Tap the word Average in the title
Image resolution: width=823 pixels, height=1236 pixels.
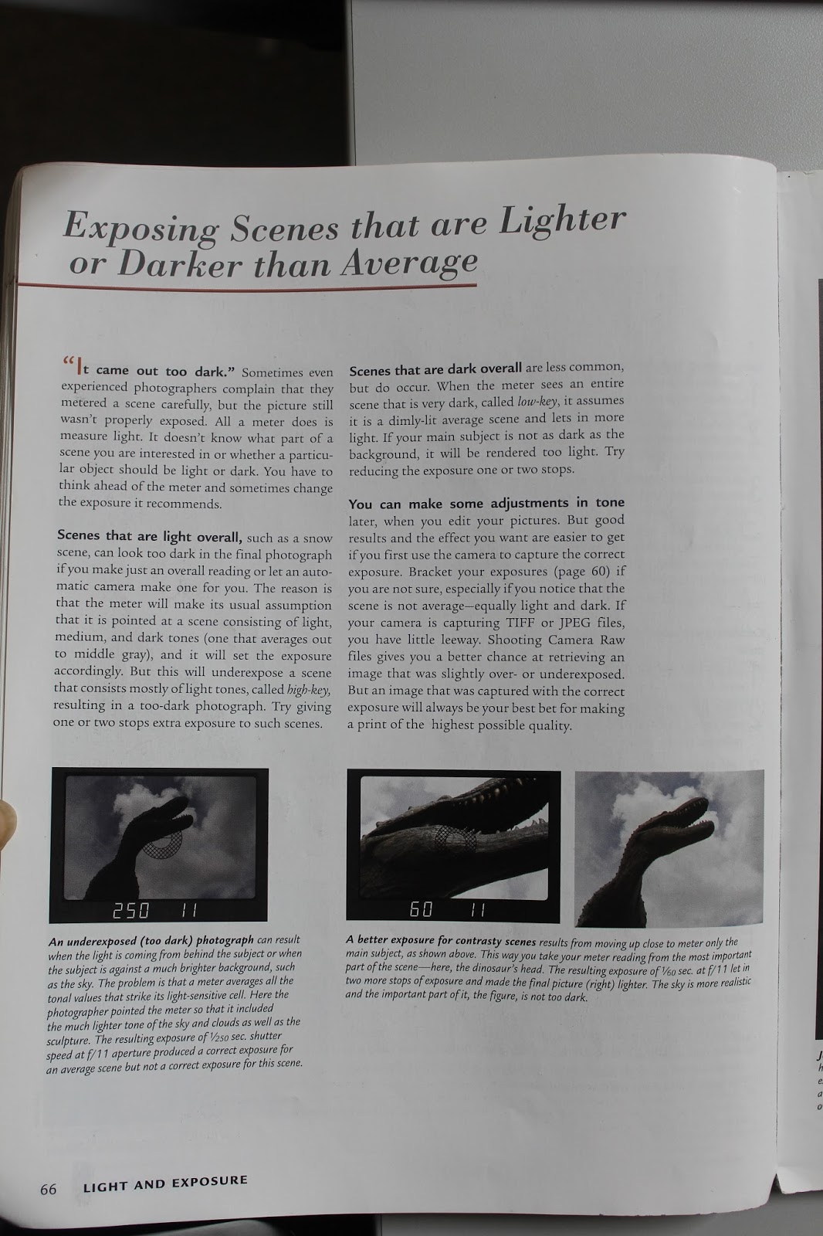409,263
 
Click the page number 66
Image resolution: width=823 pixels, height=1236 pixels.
48,1189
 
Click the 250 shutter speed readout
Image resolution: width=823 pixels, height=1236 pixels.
130,911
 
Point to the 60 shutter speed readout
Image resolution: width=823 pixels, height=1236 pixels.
421,908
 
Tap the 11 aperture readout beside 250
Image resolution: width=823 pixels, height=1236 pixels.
189,911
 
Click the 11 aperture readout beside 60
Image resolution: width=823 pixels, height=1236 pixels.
478,909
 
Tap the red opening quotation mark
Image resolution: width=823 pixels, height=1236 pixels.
69,362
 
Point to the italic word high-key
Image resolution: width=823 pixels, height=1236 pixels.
309,689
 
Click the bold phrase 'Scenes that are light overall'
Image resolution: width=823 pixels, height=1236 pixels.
149,536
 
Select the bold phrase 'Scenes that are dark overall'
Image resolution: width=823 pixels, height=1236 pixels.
435,368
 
